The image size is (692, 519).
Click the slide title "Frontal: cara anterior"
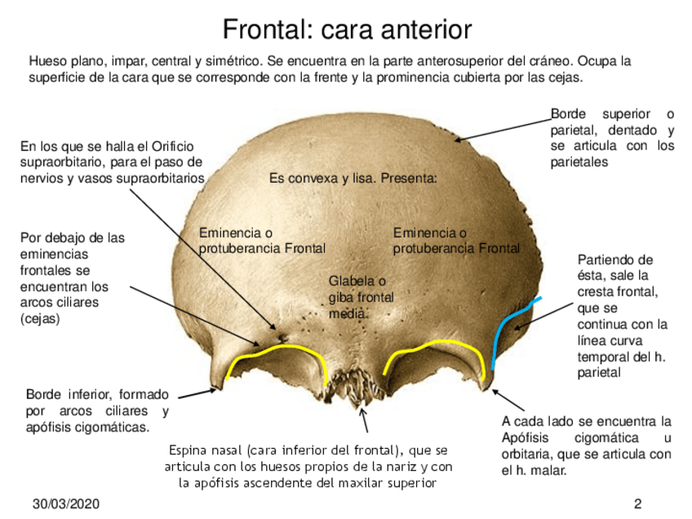347,29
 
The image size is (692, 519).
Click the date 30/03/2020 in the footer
66,503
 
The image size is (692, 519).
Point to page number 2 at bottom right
638,503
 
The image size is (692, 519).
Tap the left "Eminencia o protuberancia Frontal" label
262,241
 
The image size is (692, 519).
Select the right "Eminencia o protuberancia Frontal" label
456,241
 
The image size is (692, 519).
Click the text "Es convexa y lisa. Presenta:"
353,177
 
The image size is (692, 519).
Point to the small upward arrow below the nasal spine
365,423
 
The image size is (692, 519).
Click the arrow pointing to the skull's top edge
515,130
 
